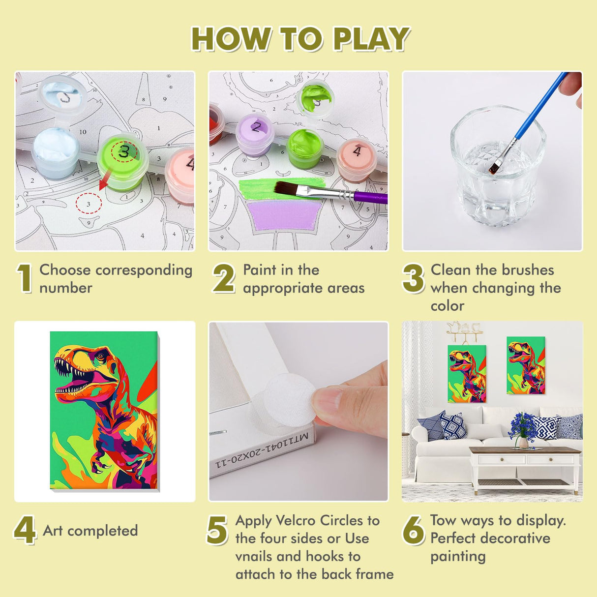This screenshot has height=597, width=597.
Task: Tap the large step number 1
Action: click(x=25, y=278)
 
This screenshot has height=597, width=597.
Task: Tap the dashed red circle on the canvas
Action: click(x=89, y=203)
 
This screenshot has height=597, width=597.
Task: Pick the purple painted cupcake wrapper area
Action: click(x=284, y=215)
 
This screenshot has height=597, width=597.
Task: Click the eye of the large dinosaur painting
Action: click(x=100, y=357)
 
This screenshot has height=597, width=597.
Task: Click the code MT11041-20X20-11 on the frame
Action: click(x=262, y=450)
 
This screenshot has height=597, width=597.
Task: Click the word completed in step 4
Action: click(x=103, y=531)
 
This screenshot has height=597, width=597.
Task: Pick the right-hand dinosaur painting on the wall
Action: click(x=526, y=365)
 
